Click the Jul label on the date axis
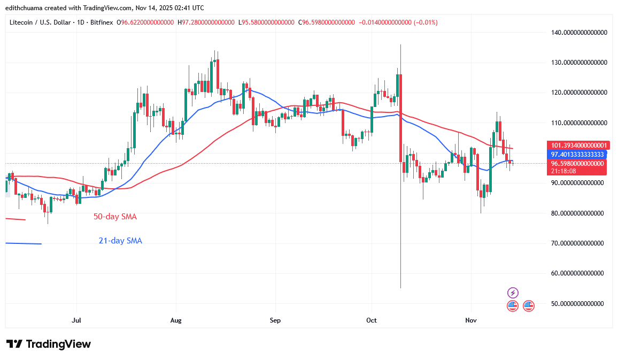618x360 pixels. (x=76, y=320)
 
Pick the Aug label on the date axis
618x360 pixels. (x=176, y=320)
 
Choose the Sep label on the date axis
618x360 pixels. (x=275, y=320)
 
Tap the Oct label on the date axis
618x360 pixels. (x=372, y=320)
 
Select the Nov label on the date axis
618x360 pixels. (x=471, y=320)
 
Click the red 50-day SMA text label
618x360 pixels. (x=115, y=217)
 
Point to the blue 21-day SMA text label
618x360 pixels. (x=120, y=241)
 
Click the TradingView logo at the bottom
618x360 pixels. (x=49, y=344)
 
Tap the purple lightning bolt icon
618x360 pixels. (x=513, y=293)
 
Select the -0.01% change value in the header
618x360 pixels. (x=427, y=22)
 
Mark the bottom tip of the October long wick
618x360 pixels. (x=400, y=288)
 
